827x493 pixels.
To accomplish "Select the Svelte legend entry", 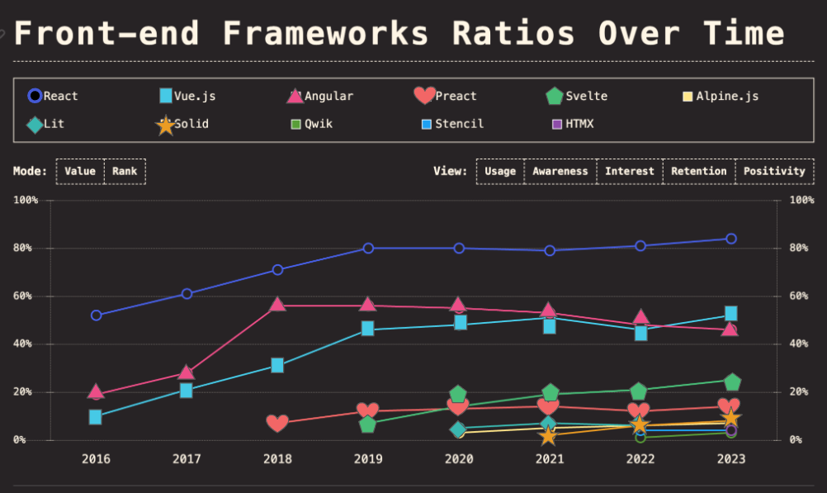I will [577, 96].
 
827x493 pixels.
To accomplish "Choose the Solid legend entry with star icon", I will [183, 125].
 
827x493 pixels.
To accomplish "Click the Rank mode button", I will [125, 171].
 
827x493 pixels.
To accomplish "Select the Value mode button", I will [80, 171].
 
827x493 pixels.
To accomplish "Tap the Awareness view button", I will [560, 171].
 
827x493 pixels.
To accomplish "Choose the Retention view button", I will [698, 171].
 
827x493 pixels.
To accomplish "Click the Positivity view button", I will [773, 171].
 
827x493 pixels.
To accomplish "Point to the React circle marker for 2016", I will [97, 315].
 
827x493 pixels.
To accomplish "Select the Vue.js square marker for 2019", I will [368, 329].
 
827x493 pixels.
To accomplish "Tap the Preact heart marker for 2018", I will [277, 423].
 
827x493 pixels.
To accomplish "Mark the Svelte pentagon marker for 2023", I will [731, 382].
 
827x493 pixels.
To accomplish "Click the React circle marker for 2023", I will [731, 239].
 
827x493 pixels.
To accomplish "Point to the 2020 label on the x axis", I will [459, 458].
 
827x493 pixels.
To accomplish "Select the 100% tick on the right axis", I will [801, 200].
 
